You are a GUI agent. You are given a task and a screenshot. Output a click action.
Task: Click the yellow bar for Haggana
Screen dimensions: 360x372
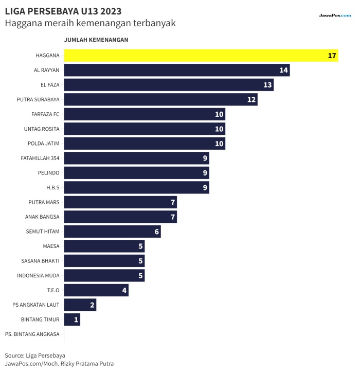point(201,56)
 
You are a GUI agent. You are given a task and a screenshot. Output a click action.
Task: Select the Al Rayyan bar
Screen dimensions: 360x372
point(177,70)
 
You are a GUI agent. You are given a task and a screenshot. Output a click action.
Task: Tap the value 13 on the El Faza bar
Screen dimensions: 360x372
point(267,85)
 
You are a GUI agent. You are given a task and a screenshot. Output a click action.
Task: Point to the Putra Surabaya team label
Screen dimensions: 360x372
point(38,100)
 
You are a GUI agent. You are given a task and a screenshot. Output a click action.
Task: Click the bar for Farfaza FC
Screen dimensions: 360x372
point(145,114)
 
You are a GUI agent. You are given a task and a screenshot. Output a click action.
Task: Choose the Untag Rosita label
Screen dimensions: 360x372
point(42,129)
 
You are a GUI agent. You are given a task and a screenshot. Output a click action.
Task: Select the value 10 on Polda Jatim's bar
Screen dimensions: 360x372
point(219,144)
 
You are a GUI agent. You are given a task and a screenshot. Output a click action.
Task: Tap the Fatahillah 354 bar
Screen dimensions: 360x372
point(137,158)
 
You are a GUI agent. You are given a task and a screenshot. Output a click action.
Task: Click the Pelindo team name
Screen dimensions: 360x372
point(49,173)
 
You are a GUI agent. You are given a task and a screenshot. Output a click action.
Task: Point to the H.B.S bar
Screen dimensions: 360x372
point(137,188)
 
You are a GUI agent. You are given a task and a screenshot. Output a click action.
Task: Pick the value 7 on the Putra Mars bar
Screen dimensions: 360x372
point(173,202)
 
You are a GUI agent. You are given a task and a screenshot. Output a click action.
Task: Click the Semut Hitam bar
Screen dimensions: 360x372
point(113,232)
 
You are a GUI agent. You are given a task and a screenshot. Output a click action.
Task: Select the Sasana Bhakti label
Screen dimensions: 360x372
point(40,261)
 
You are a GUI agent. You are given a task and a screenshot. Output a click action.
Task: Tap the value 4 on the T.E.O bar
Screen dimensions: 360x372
point(124,290)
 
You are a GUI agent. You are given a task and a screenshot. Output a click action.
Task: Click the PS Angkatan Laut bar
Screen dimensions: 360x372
point(80,305)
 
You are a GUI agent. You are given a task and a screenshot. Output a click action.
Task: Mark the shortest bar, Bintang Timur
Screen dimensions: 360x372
point(72,320)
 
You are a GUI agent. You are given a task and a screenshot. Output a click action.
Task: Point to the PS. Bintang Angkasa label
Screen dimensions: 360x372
point(32,334)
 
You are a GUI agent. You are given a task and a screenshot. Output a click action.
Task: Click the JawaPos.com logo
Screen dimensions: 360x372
point(335,15)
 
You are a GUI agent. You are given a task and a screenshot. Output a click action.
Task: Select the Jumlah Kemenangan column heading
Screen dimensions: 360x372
point(96,40)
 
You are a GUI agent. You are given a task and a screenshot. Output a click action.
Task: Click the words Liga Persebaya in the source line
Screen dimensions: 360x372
point(45,356)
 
